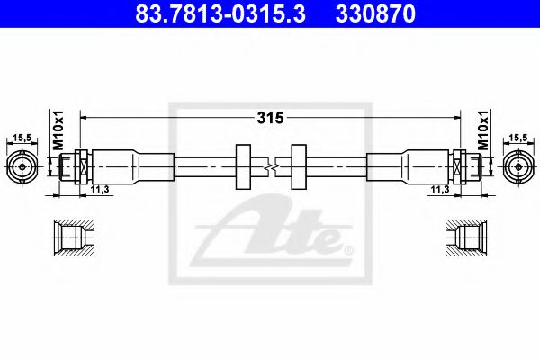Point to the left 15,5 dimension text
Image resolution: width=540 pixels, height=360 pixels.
[x=22, y=137]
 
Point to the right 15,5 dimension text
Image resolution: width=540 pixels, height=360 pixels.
[x=517, y=137]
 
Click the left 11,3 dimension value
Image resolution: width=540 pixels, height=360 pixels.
[x=100, y=190]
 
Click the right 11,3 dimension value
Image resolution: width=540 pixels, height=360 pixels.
[x=440, y=190]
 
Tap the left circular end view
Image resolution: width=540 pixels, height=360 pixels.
[x=22, y=166]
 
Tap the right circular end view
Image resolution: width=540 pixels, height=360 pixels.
[x=517, y=166]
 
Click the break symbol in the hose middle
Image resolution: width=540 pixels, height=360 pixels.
[x=270, y=166]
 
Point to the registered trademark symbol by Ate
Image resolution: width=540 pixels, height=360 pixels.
[x=348, y=248]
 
